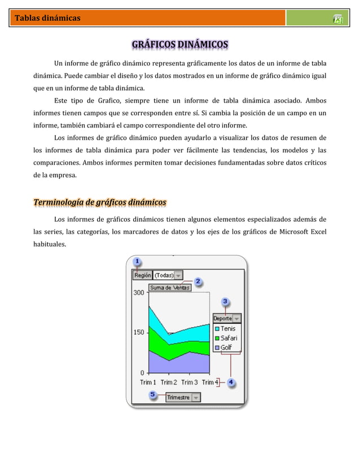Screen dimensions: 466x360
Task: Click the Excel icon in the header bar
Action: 338,19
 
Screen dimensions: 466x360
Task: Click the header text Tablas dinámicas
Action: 47,18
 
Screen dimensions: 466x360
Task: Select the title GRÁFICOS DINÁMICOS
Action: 180,44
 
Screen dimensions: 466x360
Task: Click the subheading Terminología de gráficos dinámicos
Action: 99,202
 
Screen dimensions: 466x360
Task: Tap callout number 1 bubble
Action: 137,262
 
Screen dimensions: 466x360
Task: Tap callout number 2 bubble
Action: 199,281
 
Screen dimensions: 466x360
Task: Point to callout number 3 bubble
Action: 225,302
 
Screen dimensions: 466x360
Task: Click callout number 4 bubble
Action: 231,382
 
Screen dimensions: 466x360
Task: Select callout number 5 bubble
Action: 153,394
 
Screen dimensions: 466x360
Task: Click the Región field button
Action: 143,275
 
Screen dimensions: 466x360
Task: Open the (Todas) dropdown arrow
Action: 178,275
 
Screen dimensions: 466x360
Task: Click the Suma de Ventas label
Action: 170,287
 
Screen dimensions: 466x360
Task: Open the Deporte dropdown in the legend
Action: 236,318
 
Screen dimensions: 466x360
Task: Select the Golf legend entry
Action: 226,348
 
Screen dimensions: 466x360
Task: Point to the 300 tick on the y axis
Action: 138,293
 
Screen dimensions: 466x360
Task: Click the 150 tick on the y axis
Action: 138,332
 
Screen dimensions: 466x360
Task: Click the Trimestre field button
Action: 178,397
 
